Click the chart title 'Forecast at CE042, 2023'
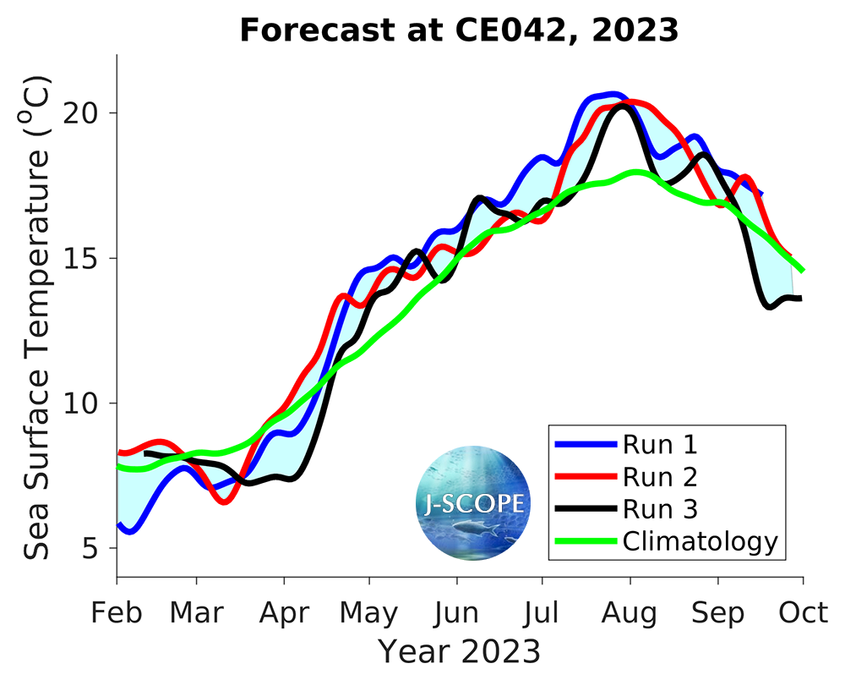point(459,30)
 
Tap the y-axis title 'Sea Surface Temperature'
point(37,317)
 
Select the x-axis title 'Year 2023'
point(459,651)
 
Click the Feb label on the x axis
point(117,612)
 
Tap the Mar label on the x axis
point(197,612)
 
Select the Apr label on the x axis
point(284,612)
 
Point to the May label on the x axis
point(369,612)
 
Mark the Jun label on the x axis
point(457,612)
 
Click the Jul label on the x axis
point(542,612)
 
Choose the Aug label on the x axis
point(630,612)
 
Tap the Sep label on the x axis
point(717,612)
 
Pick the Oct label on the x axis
point(803,612)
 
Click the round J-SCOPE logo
point(473,503)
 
